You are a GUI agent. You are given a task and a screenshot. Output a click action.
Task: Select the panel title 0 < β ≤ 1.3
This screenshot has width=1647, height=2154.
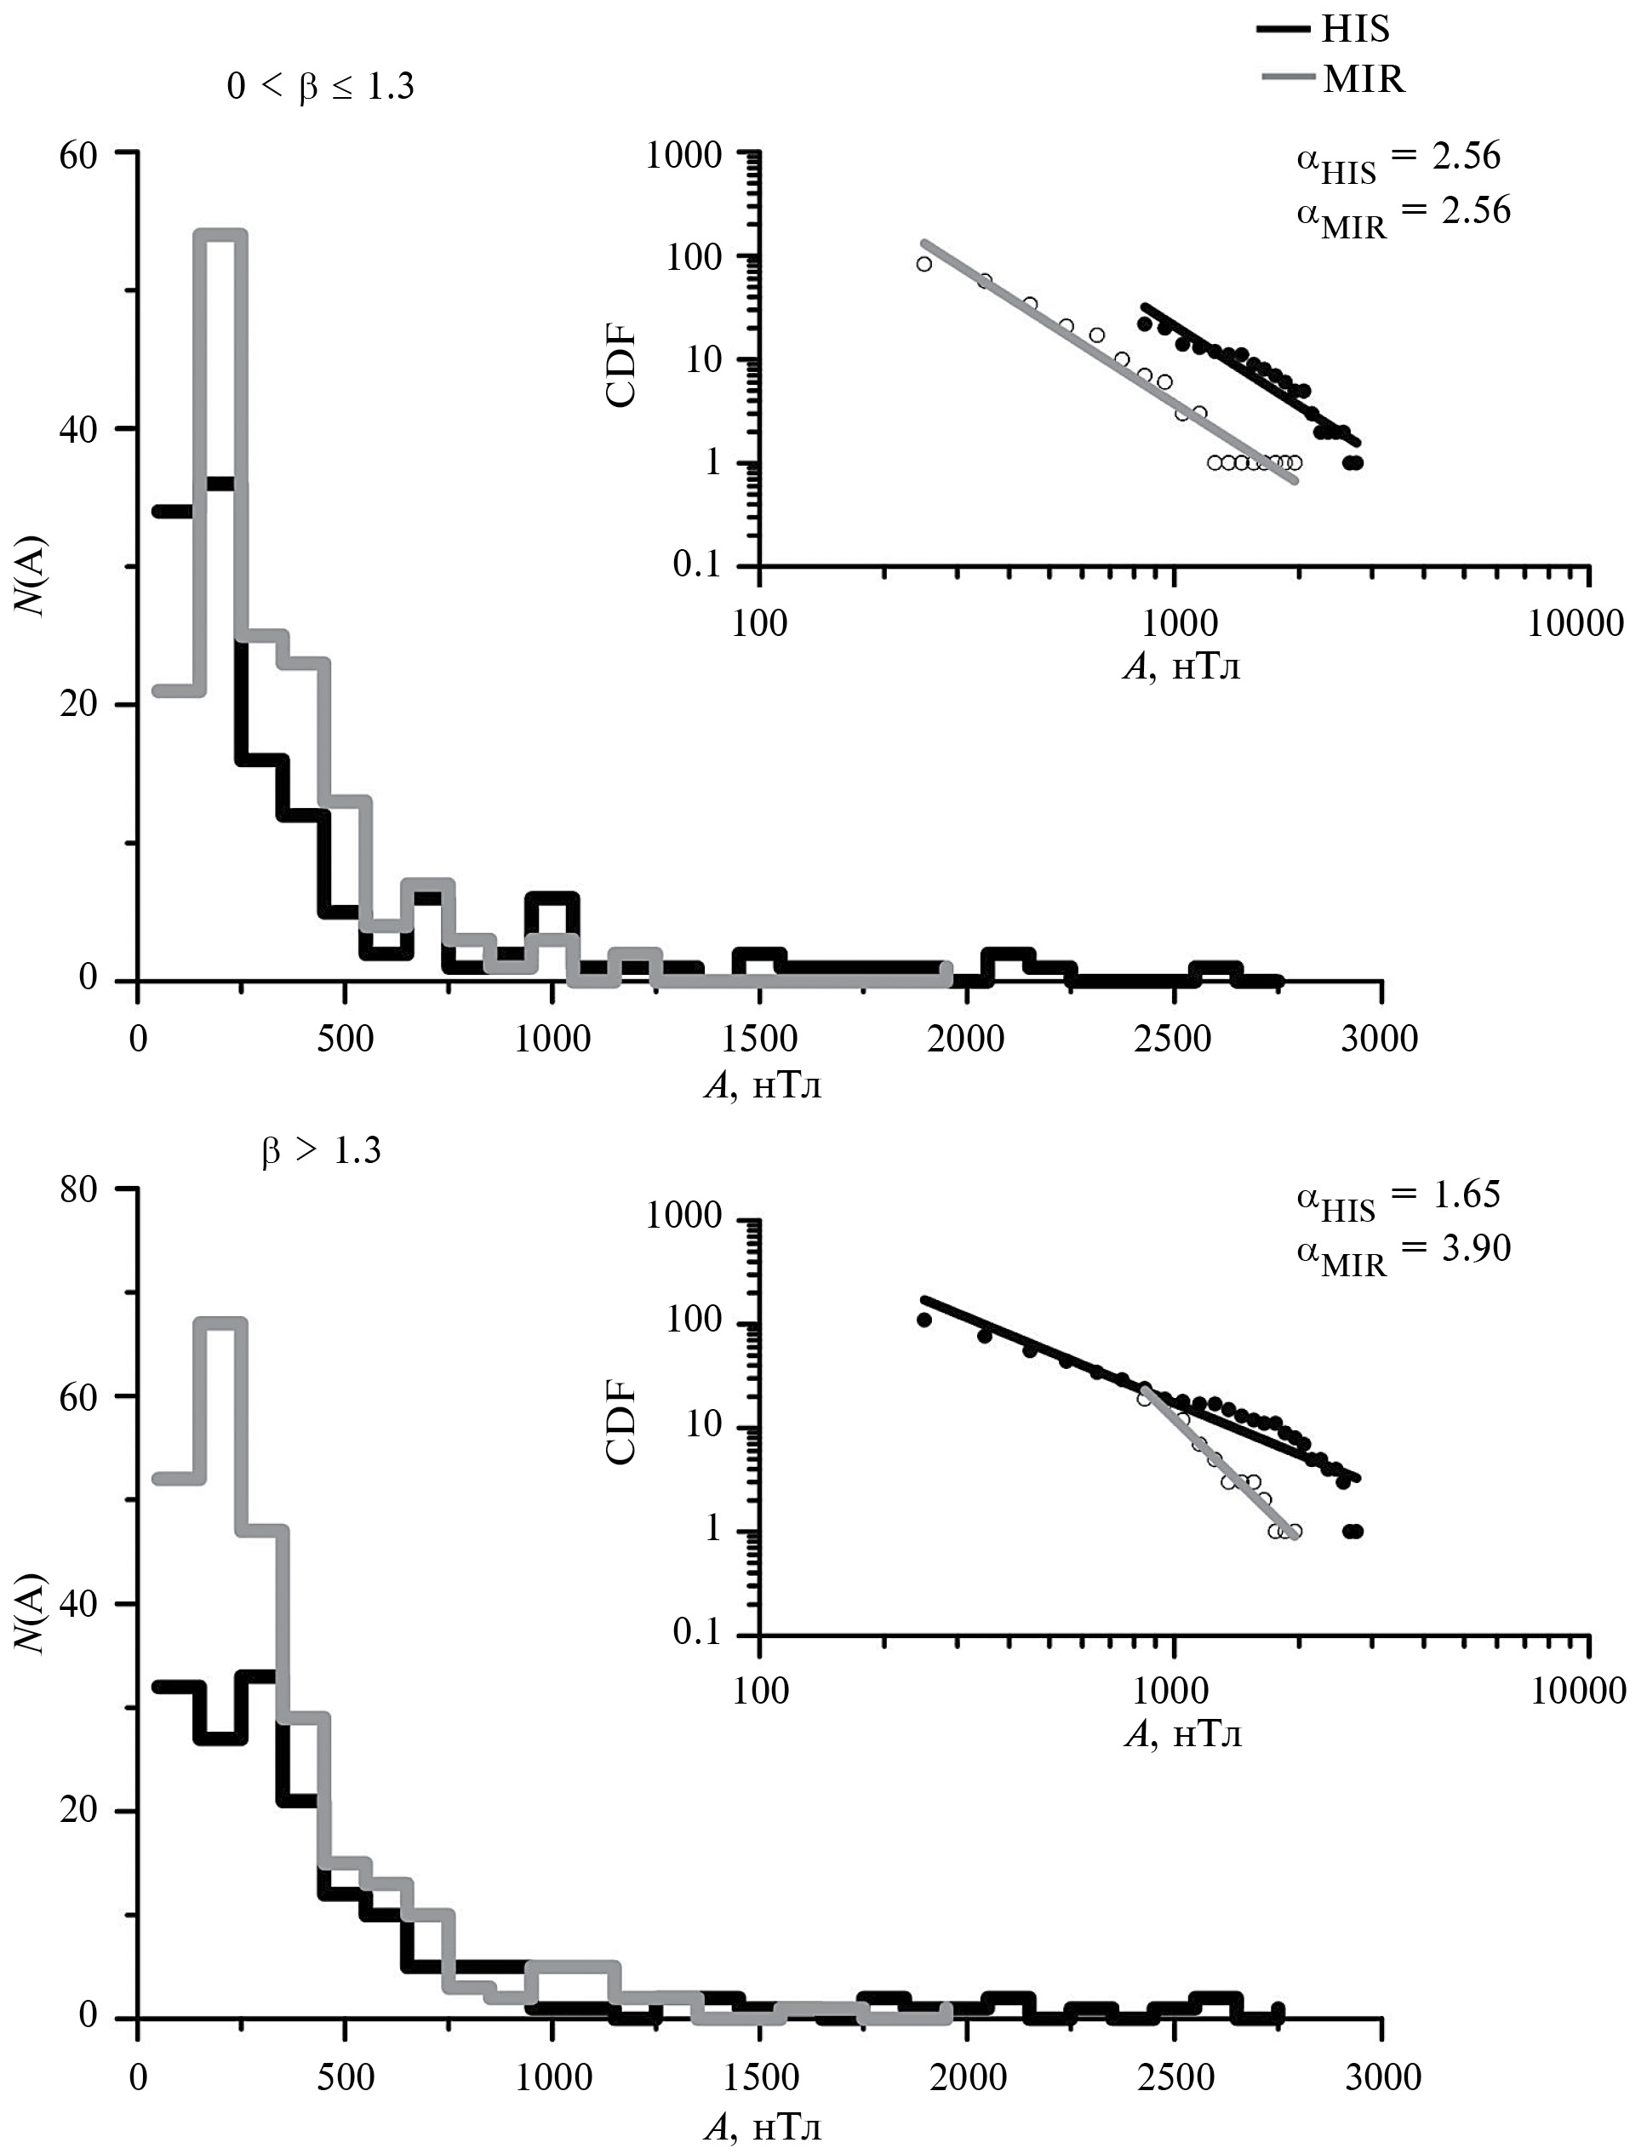click(321, 87)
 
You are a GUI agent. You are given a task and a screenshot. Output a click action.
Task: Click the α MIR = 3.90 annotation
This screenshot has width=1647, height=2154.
click(1403, 1251)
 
